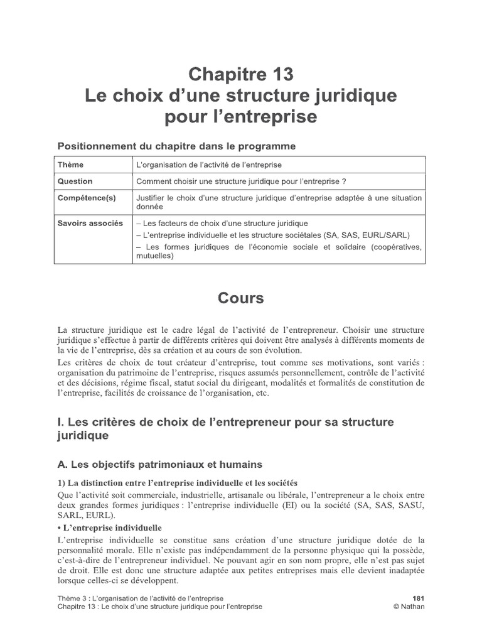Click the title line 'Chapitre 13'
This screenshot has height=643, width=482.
(x=242, y=75)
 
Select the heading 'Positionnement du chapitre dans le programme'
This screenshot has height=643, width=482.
(x=176, y=146)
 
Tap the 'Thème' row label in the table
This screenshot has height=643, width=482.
(x=70, y=165)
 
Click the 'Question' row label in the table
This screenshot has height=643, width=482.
(x=75, y=181)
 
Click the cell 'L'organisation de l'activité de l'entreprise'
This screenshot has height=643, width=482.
(x=209, y=165)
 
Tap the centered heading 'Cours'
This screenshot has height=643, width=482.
(x=241, y=298)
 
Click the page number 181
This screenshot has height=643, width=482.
(x=418, y=598)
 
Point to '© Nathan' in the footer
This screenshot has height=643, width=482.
(x=409, y=607)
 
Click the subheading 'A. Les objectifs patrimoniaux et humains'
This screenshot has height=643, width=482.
(x=160, y=464)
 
